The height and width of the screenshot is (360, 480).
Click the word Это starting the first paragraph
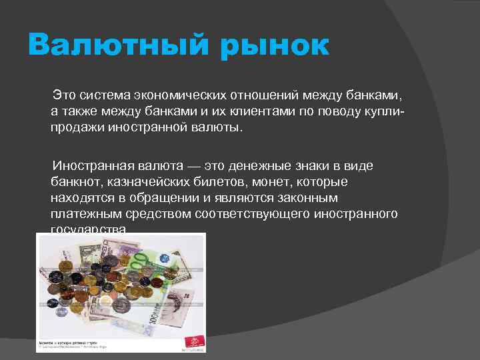64,94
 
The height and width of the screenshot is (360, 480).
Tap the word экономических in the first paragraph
165,94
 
